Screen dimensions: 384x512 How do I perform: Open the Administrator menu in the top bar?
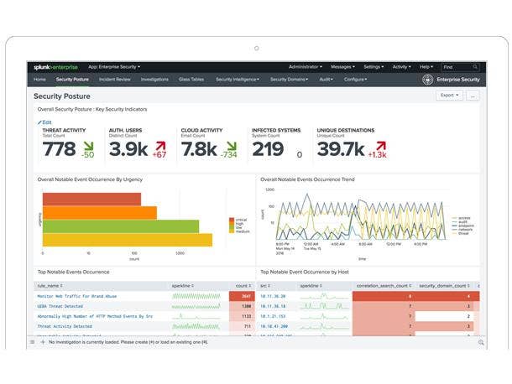[x=306, y=66]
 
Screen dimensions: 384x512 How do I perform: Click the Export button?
[x=449, y=96]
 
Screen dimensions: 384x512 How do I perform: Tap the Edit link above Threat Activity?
[x=45, y=122]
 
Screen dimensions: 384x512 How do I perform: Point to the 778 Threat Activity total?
[x=59, y=149]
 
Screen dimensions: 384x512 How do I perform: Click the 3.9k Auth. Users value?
[x=128, y=149]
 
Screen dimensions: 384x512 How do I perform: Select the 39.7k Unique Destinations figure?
[x=341, y=149]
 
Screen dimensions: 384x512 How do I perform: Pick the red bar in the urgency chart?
[x=91, y=199]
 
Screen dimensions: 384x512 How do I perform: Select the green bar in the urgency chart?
[x=120, y=226]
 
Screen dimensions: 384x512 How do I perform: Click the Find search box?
[x=462, y=66]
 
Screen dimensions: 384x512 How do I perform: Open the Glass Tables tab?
[x=191, y=80]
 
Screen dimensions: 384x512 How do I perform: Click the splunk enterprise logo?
[x=56, y=66]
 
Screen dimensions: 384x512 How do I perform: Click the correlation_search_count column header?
[x=383, y=285]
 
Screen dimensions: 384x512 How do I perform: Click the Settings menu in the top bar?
[x=374, y=66]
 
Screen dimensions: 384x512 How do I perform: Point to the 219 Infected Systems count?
[x=268, y=149]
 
